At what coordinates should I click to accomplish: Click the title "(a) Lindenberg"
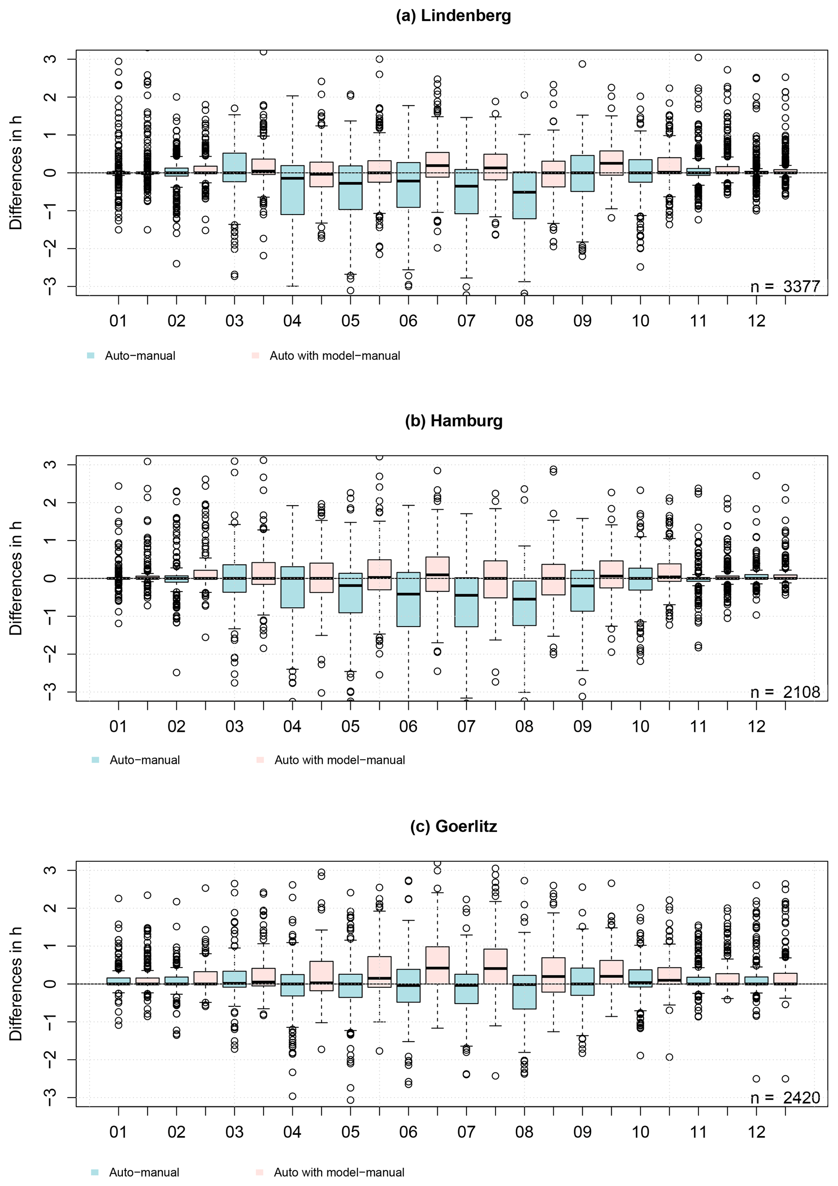(x=453, y=15)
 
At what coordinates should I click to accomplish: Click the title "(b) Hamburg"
(x=453, y=420)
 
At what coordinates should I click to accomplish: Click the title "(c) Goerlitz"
(x=453, y=826)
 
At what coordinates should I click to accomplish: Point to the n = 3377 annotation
(x=785, y=286)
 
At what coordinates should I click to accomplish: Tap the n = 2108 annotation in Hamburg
(x=785, y=692)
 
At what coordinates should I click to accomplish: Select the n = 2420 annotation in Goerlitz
(x=785, y=1097)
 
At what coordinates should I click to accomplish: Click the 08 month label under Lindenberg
(x=524, y=321)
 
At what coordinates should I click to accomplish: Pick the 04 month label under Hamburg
(x=292, y=726)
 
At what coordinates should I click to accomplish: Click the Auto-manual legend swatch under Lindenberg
(x=91, y=355)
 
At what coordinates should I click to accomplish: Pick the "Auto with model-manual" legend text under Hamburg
(x=339, y=760)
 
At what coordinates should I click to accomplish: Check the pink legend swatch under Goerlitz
(x=260, y=1172)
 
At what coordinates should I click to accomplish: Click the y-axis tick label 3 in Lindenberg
(x=50, y=59)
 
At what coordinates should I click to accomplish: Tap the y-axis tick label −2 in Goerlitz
(x=50, y=1059)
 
